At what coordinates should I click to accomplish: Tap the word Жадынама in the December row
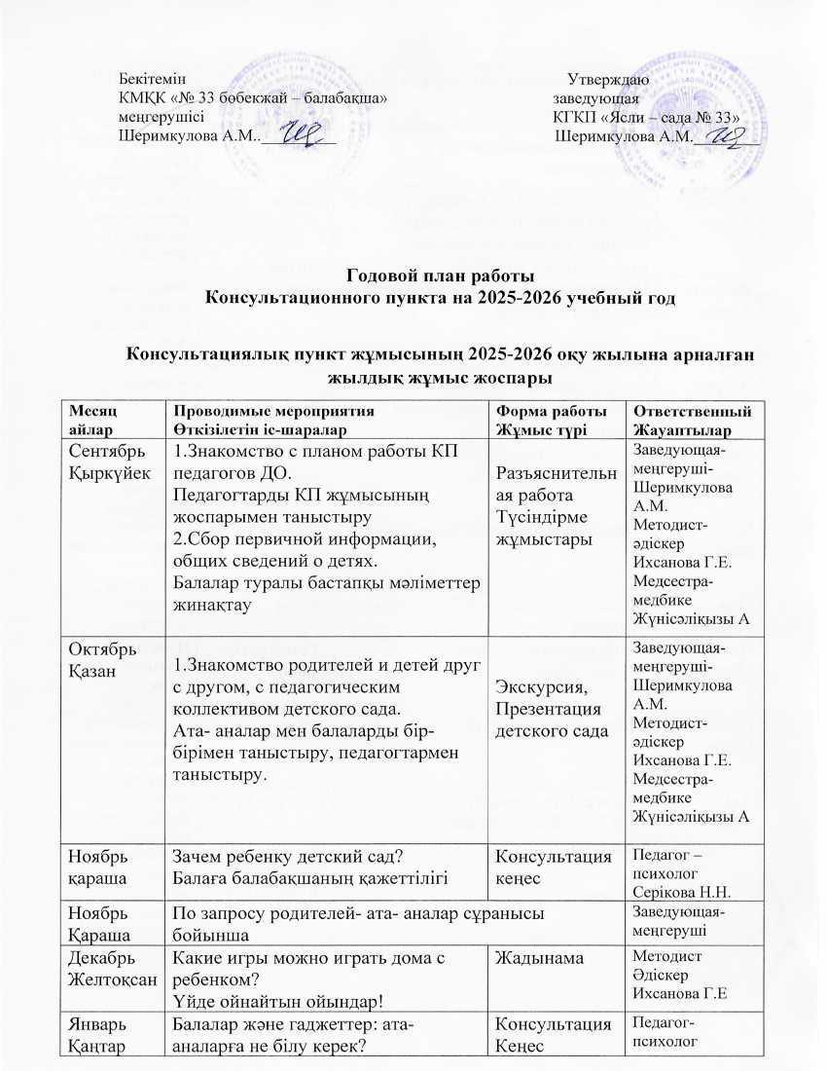point(532,959)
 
